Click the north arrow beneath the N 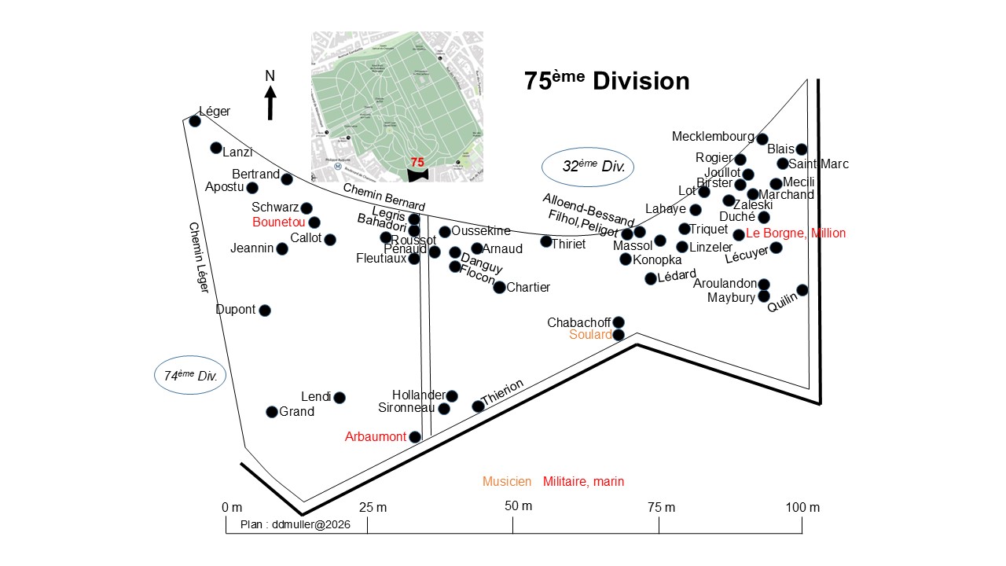[x=270, y=102]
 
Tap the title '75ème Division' [x=607, y=81]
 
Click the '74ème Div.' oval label [x=190, y=376]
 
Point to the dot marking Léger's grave [x=195, y=121]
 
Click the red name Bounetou [x=278, y=222]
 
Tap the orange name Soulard [x=590, y=335]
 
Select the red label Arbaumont [x=376, y=437]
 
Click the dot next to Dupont [x=265, y=311]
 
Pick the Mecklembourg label [x=713, y=137]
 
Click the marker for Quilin [x=802, y=290]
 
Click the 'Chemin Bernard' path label [x=384, y=197]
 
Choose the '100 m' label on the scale [x=802, y=508]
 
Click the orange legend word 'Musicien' [x=507, y=482]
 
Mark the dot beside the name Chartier [x=499, y=288]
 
